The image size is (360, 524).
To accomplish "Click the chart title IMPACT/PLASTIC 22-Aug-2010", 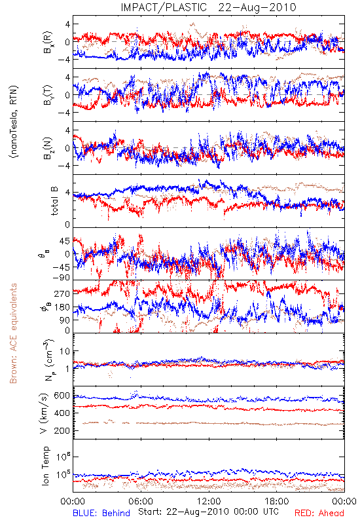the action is (208, 7).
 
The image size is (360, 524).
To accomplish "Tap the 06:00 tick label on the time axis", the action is (141, 501).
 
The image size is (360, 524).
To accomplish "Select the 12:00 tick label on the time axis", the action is (209, 501).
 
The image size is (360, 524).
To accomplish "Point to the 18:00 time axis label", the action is (277, 501).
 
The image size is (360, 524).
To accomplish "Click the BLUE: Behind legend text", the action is (101, 514).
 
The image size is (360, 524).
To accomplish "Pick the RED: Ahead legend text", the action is (319, 514).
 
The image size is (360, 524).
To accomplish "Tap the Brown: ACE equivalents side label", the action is (13, 333).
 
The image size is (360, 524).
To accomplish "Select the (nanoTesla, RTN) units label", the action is (14, 122).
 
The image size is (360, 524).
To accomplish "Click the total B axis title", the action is (54, 201).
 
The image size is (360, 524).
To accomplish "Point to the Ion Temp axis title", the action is (45, 466).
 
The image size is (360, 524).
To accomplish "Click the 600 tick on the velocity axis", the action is (62, 396).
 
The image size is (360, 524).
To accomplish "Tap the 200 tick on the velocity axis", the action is (62, 430).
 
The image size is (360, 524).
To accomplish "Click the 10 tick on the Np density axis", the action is (65, 351).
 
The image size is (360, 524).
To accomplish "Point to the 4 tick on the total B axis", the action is (67, 193).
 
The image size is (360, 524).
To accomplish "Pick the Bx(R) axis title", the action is (47, 42).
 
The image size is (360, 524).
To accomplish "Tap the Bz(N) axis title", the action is (47, 148).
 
